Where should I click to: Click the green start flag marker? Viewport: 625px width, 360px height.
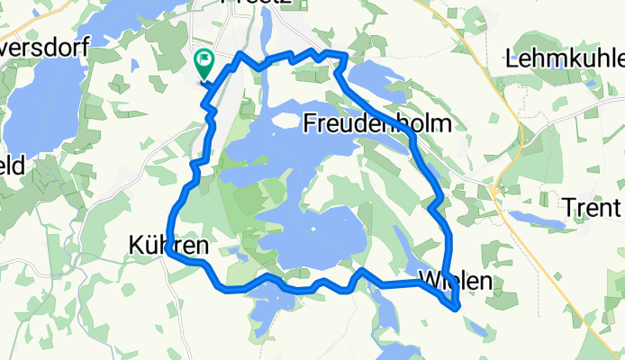(x=203, y=63)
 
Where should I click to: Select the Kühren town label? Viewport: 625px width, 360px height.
(x=170, y=244)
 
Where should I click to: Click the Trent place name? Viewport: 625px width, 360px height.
(x=592, y=207)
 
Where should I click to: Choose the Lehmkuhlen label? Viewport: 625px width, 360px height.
(x=566, y=59)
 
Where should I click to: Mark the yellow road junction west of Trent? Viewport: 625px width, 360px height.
(x=495, y=192)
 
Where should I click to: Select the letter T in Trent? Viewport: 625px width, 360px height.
(x=567, y=207)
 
